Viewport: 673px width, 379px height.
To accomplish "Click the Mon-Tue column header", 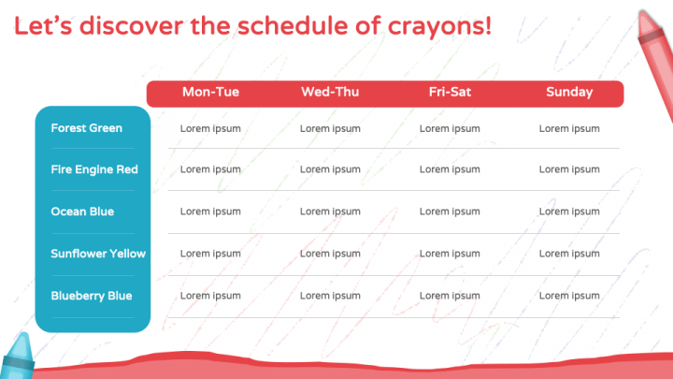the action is point(210,92).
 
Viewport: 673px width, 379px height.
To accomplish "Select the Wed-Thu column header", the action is point(330,92).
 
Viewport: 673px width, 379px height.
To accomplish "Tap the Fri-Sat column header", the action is point(450,92).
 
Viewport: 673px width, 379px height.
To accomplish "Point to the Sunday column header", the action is point(569,93).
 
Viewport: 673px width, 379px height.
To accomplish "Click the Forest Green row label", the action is point(86,128).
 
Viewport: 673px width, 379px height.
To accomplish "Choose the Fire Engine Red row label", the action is point(94,169).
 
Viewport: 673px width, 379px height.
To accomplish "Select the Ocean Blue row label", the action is point(82,211).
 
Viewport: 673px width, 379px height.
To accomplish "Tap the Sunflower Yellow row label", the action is point(98,254).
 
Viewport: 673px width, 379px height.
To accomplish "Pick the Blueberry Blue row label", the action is point(92,296).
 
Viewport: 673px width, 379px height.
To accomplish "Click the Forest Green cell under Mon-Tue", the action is point(210,129).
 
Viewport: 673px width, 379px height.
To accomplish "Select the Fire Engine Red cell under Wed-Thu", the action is point(330,169).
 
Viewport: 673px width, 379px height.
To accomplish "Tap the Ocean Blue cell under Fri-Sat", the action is point(450,211).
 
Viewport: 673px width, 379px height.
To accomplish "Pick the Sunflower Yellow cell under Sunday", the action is point(569,254).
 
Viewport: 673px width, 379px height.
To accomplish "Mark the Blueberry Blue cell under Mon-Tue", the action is point(210,296).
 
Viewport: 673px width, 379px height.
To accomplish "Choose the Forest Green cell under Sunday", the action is point(569,129).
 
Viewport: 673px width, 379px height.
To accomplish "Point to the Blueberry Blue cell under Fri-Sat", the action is point(450,296).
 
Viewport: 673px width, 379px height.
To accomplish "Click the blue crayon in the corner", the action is point(17,357).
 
